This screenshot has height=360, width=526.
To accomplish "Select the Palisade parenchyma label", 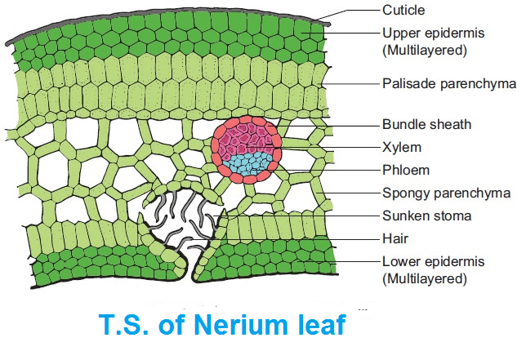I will coord(449,83).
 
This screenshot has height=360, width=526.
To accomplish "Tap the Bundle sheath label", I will coord(426,125).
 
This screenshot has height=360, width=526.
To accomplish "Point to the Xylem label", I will coord(402,148).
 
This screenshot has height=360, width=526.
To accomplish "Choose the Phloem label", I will coord(406,170).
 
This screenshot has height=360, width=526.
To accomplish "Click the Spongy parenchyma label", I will coord(446,193).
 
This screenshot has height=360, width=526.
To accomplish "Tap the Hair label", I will coord(395,238).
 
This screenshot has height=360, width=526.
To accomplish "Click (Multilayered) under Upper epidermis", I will coord(426,51).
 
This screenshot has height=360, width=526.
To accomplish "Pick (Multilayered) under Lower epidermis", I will coord(426,279).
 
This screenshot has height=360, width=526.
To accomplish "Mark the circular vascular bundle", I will coord(247,151).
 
